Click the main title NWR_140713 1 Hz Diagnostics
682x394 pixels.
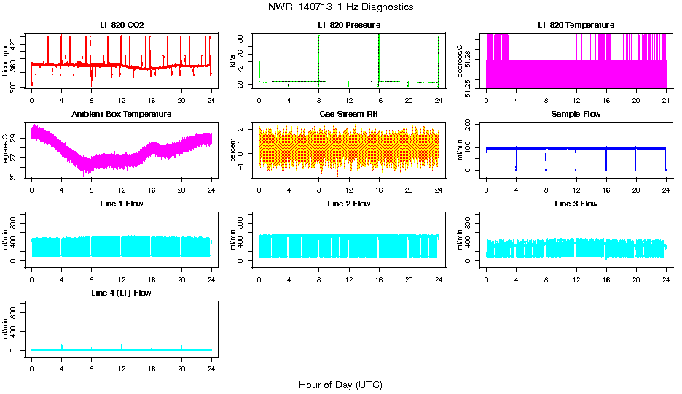pyautogui.click(x=340, y=7)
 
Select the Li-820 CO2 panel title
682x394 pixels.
pyautogui.click(x=122, y=25)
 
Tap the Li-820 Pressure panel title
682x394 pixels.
pyautogui.click(x=348, y=25)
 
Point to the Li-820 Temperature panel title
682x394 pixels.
pyautogui.click(x=576, y=25)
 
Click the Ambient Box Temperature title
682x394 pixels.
pyautogui.click(x=122, y=115)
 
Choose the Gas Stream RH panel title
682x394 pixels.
pyautogui.click(x=348, y=115)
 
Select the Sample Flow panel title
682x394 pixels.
pyautogui.click(x=576, y=115)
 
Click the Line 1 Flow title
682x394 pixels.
pyautogui.click(x=122, y=204)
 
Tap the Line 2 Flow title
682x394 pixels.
pyautogui.click(x=348, y=204)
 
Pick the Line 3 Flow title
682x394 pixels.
pyautogui.click(x=576, y=204)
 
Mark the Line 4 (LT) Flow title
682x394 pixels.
pyautogui.click(x=122, y=293)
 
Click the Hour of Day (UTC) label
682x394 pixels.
pyautogui.click(x=340, y=385)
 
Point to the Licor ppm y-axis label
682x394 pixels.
pyautogui.click(x=6, y=61)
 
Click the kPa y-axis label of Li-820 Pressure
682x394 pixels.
pyautogui.click(x=233, y=61)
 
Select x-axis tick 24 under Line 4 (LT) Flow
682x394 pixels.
pyautogui.click(x=211, y=368)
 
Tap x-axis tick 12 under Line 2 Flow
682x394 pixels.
pyautogui.click(x=348, y=279)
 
